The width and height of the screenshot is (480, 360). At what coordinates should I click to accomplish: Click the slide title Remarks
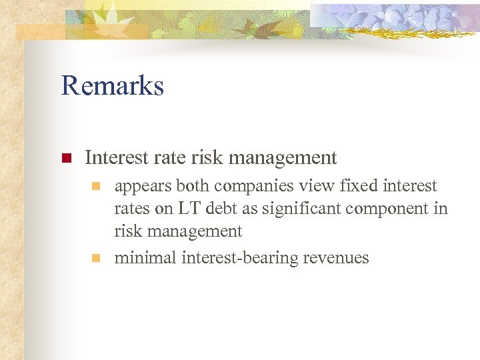[x=112, y=86]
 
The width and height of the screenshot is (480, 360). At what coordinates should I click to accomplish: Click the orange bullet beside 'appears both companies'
[x=97, y=186]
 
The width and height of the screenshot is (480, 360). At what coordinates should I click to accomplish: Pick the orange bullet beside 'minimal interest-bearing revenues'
[x=97, y=258]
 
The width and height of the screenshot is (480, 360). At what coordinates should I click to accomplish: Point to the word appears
[x=143, y=187]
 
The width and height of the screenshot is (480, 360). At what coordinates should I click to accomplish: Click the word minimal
[x=145, y=258]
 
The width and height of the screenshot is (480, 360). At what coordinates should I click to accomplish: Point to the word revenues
[x=340, y=258]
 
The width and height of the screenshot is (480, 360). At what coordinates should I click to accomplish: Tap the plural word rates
[x=132, y=209]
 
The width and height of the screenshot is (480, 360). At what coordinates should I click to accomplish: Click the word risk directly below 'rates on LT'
[x=127, y=231]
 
